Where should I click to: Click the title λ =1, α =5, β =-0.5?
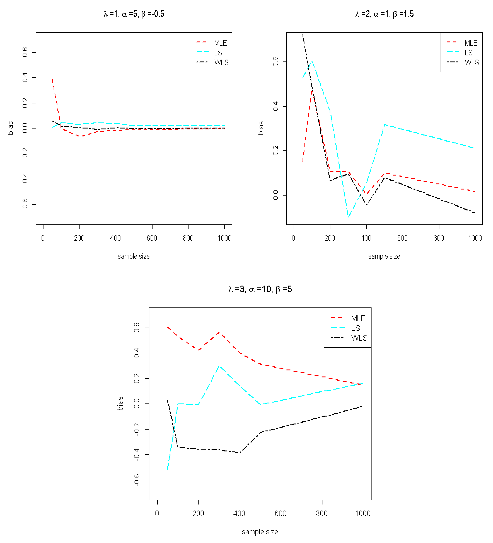[x=134, y=14]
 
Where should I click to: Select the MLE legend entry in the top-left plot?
[x=220, y=43]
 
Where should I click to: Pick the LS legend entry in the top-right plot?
[x=468, y=53]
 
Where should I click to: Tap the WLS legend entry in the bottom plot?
[x=359, y=338]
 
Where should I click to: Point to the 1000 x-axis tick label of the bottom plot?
[x=363, y=513]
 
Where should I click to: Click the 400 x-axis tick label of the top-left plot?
[x=116, y=238]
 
